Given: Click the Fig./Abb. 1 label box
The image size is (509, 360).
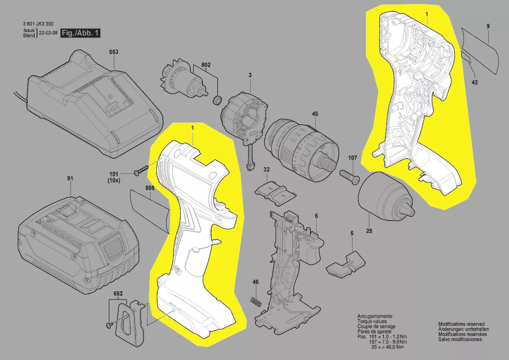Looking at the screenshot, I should click(81, 33).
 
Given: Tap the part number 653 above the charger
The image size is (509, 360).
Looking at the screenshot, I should click(114, 52).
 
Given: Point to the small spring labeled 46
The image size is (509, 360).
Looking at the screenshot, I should click(256, 301).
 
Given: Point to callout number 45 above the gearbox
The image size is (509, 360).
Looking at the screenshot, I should click(315, 115).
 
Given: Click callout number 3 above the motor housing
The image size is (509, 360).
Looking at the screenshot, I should click(250, 75).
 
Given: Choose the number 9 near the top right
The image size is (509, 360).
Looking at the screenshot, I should click(488, 27).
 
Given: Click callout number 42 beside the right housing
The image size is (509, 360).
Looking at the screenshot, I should click(474, 82).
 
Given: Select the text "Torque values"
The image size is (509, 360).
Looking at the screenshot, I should click(371, 321).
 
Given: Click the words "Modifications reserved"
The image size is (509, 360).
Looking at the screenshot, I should click(461, 324).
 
